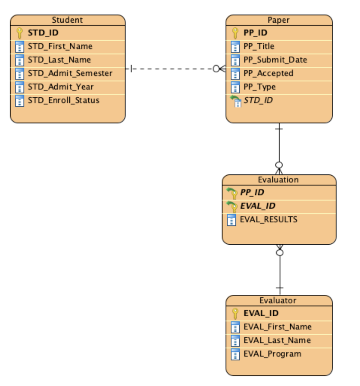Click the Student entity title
click(x=67, y=20)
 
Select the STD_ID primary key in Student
click(x=43, y=33)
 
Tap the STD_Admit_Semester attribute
click(x=70, y=73)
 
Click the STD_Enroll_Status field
click(x=63, y=100)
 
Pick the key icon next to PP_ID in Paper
click(x=235, y=33)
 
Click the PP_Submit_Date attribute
click(x=275, y=60)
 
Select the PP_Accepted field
click(x=268, y=73)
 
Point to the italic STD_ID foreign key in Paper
click(x=258, y=100)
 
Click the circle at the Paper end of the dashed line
click(x=216, y=69)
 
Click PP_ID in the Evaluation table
click(x=252, y=192)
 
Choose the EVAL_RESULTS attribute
click(x=268, y=219)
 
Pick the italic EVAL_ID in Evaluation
click(x=258, y=206)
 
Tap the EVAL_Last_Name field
click(x=277, y=340)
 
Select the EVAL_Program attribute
click(x=272, y=354)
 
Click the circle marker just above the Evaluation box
click(x=279, y=165)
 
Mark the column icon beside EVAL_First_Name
click(x=235, y=327)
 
